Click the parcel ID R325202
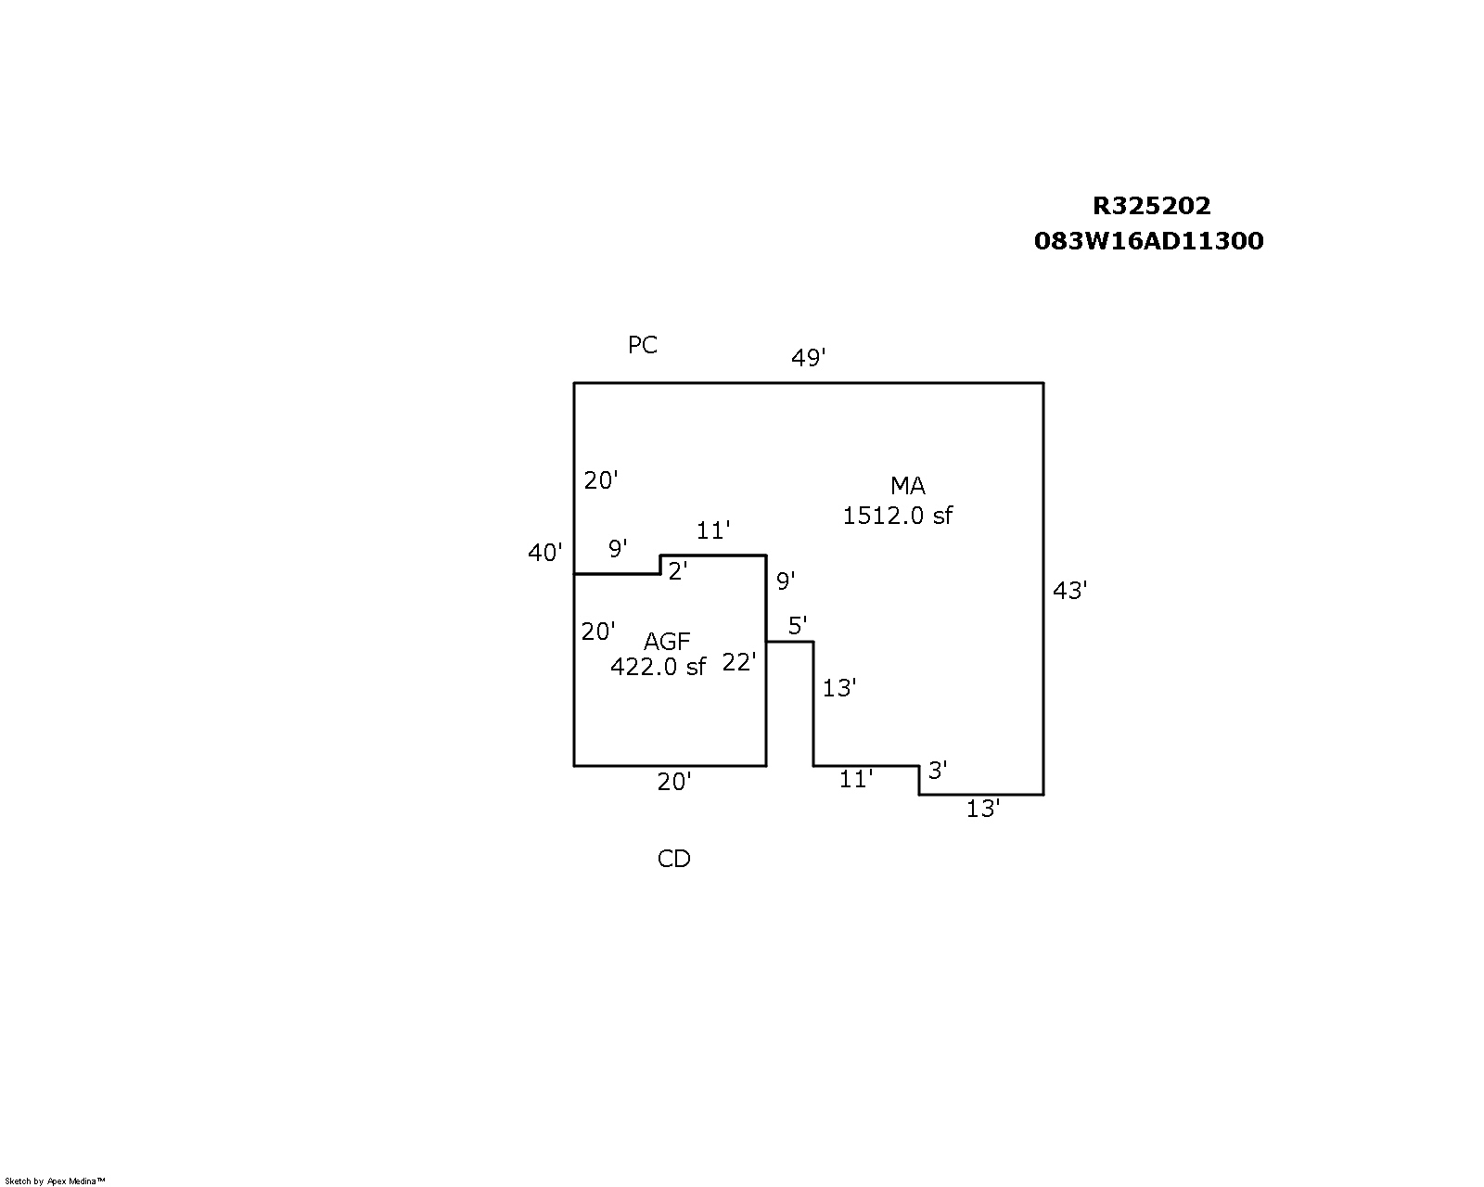1151,206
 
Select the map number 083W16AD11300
1148,241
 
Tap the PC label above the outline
642,345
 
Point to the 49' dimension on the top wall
808,357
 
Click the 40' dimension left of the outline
544,552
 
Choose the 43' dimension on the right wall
1069,591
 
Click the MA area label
907,486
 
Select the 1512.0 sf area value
897,516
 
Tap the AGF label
667,642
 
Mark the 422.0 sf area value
658,666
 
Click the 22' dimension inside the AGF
738,662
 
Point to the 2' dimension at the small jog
677,570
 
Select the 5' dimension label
797,626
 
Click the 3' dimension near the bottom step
937,771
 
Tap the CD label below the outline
673,859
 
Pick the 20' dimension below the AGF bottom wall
673,782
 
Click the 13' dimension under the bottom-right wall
982,809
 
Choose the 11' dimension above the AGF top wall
713,530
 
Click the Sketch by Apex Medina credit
55,1181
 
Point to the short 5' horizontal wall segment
789,642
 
